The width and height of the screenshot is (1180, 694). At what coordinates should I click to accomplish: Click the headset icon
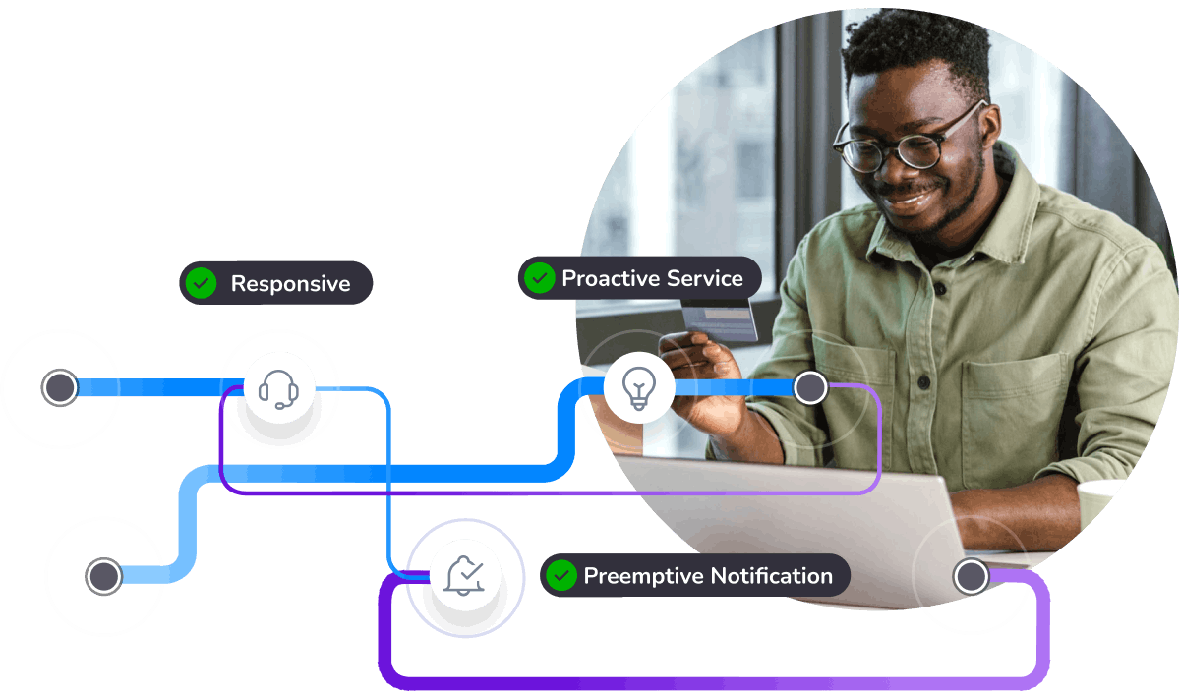(278, 389)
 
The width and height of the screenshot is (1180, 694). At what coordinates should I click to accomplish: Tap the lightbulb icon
(639, 388)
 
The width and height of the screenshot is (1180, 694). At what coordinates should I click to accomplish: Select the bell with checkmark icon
(464, 575)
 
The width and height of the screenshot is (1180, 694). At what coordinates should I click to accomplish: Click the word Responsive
(290, 284)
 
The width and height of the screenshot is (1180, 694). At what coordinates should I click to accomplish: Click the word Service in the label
(697, 278)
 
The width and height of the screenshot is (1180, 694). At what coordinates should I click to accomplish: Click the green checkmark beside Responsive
(201, 283)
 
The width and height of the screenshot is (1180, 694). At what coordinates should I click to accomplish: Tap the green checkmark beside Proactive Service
(539, 278)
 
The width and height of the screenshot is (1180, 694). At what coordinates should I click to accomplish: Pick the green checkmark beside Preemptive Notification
(561, 575)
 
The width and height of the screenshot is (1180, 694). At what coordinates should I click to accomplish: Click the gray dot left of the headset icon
(60, 387)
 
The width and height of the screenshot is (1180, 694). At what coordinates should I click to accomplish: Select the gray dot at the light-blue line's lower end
(104, 576)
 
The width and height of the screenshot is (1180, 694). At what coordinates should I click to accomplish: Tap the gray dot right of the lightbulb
(810, 388)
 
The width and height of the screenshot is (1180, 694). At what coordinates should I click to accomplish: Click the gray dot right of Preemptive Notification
(971, 576)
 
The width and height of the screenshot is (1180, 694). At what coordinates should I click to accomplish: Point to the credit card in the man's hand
(720, 318)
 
